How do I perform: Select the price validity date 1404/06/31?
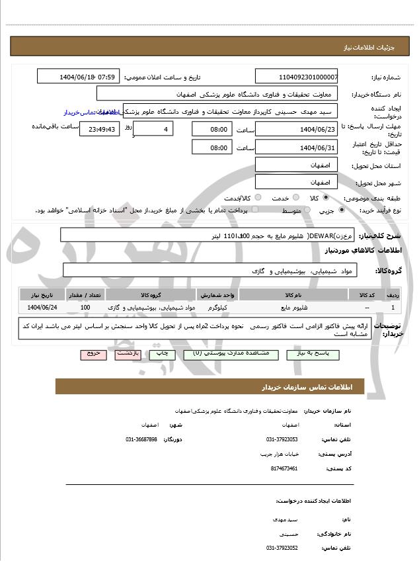click(296, 148)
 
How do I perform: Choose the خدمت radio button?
click(295, 198)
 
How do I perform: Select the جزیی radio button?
click(341, 210)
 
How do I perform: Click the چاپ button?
click(161, 354)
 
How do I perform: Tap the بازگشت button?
click(128, 354)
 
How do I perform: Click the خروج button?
click(93, 354)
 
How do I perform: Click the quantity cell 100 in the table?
click(85, 308)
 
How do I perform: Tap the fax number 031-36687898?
click(141, 439)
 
